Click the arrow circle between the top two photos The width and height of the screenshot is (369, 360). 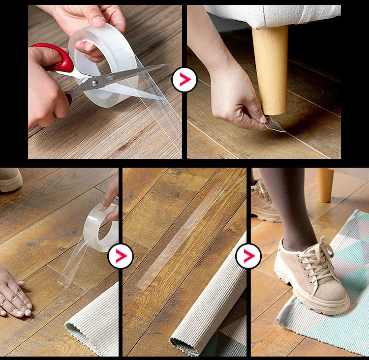[x=184, y=79]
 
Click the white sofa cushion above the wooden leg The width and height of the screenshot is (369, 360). [x=276, y=15]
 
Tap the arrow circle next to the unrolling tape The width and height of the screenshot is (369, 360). [x=120, y=256]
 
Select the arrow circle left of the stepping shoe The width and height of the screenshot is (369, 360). [x=248, y=256]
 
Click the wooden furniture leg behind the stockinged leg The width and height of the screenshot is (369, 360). [x=325, y=184]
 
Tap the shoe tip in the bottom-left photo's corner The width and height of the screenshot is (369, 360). [x=10, y=179]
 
